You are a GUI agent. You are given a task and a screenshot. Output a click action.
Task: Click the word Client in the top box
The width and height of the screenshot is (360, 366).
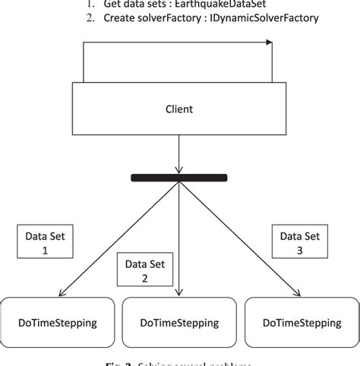(x=180, y=109)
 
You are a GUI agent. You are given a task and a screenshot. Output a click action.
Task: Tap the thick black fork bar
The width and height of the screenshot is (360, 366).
(x=179, y=178)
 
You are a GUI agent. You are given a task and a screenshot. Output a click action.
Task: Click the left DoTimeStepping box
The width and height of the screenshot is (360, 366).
(x=56, y=323)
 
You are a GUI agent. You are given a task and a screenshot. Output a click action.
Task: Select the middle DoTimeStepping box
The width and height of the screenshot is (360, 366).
(x=178, y=323)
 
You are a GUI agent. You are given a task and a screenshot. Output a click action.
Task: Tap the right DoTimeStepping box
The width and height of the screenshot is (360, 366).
(x=302, y=323)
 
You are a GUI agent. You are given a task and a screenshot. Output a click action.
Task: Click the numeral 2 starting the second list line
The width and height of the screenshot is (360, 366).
(x=90, y=17)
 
